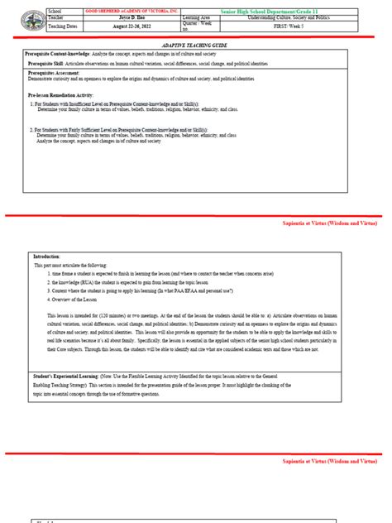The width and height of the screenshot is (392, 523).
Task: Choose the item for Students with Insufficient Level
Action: (x=116, y=104)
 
